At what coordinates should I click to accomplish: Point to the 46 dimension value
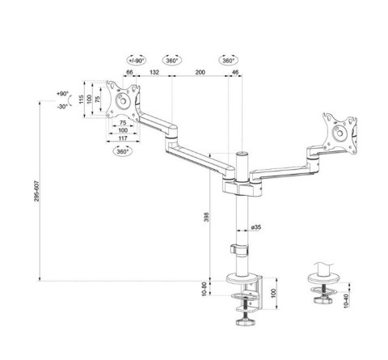point(235,72)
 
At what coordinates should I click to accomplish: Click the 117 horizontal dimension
point(123,138)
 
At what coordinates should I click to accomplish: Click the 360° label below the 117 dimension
point(123,152)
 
